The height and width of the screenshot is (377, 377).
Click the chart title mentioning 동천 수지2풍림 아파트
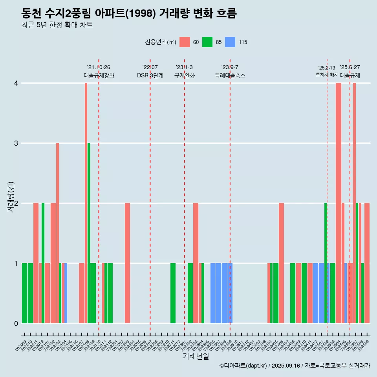pos(129,14)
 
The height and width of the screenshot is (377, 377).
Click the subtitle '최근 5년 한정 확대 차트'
pos(57,25)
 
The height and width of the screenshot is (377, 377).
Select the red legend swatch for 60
pos(185,42)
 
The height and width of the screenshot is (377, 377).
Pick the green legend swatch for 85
pos(207,42)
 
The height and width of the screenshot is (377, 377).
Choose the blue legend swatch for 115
pos(230,42)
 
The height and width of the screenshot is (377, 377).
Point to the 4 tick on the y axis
pos(16,83)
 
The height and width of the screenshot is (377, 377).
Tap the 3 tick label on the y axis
pos(16,143)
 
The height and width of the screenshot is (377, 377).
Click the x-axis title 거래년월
pos(196,356)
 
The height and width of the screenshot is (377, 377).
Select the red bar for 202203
pos(127,263)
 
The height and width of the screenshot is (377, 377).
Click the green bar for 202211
pos(173,293)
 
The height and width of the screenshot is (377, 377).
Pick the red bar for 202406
pos(281,263)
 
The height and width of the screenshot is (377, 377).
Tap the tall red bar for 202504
pos(339,203)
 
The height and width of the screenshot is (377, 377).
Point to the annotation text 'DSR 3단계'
pos(150,75)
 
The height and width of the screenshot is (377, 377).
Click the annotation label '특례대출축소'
pos(230,75)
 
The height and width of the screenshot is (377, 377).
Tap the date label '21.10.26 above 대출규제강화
pos(99,68)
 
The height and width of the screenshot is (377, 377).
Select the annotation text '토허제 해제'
pos(327,75)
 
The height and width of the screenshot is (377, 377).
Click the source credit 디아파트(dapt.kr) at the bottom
pos(243,366)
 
